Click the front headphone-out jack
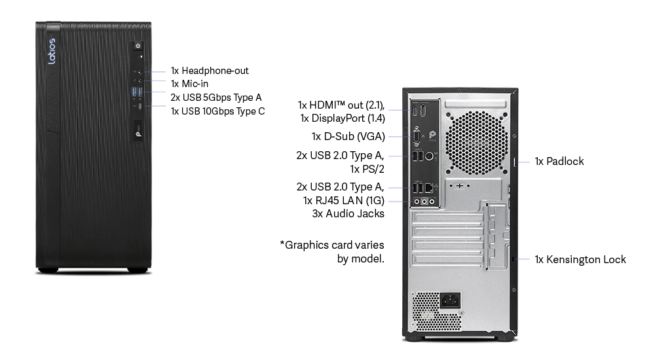pos(140,72)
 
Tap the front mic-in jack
pos(140,81)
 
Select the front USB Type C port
pos(140,106)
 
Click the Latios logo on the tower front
pos(51,51)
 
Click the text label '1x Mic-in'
pos(189,84)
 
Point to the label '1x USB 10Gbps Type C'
pos(217,111)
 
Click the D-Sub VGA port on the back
pos(417,137)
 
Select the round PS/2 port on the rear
pos(428,156)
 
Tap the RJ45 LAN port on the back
pos(429,188)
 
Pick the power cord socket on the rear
pos(451,300)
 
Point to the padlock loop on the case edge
pos(515,162)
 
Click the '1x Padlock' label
pos(559,161)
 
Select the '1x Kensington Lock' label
pos(580,259)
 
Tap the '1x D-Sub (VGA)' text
pos(348,137)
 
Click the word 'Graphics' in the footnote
pos(307,245)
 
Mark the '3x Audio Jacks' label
pos(348,213)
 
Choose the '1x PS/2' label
pos(367,169)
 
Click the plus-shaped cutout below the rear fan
pos(460,185)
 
